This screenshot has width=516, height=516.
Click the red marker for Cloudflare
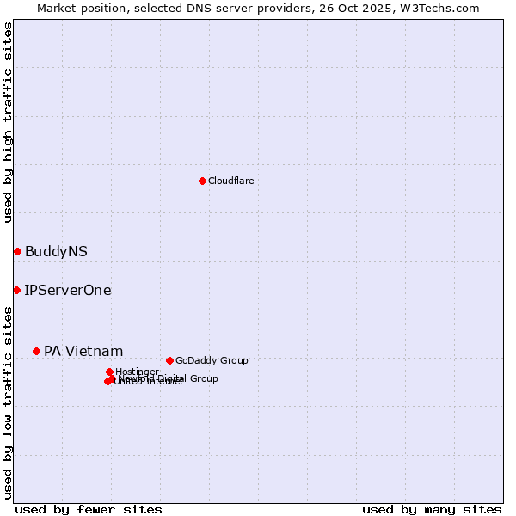pyautogui.click(x=202, y=181)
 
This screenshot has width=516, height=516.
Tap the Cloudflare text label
pyautogui.click(x=230, y=181)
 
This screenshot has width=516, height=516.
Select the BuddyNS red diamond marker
pyautogui.click(x=17, y=251)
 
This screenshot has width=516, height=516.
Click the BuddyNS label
pyautogui.click(x=56, y=251)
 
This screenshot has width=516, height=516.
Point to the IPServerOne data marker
pyautogui.click(x=16, y=290)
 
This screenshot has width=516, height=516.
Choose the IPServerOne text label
pyautogui.click(x=68, y=290)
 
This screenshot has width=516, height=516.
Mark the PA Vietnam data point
pyautogui.click(x=36, y=351)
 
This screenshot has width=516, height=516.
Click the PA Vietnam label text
pyautogui.click(x=83, y=351)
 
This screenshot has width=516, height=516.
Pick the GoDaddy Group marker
pyautogui.click(x=169, y=360)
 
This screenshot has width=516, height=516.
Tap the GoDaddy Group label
pyautogui.click(x=212, y=360)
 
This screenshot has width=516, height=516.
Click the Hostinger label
pyautogui.click(x=137, y=372)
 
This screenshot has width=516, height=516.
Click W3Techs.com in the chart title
pyautogui.click(x=443, y=8)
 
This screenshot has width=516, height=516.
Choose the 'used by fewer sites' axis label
pyautogui.click(x=89, y=509)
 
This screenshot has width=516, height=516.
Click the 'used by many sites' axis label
pyautogui.click(x=432, y=509)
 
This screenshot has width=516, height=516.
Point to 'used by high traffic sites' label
pyautogui.click(x=8, y=122)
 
